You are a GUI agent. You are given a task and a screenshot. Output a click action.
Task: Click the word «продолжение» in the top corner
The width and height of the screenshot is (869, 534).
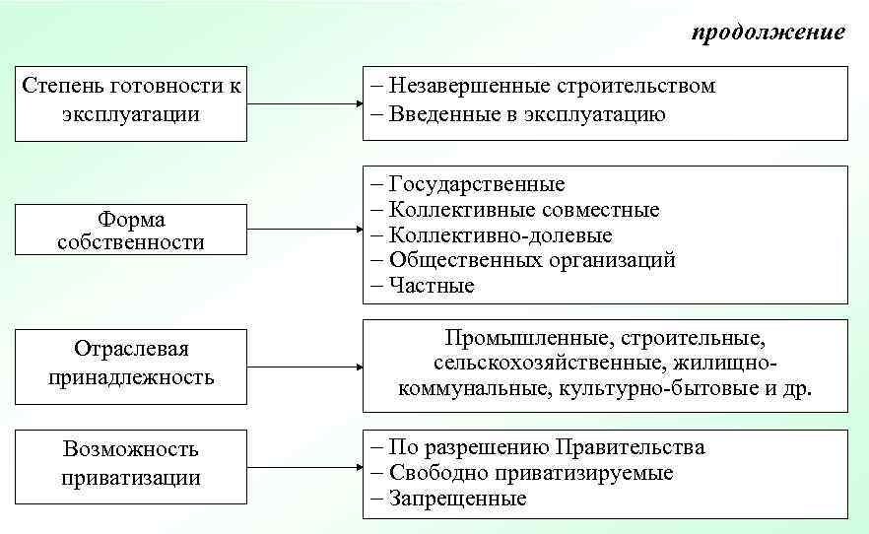tap(768, 33)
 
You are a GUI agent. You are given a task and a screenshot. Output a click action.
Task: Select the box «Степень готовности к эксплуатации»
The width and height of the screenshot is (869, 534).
tap(131, 100)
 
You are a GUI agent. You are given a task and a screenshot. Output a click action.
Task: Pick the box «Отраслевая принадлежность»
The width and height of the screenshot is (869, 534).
tap(131, 364)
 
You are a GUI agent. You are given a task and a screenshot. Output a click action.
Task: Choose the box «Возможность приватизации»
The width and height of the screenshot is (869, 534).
tap(131, 464)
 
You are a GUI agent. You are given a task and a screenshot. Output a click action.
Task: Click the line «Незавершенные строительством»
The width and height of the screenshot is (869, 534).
tap(543, 87)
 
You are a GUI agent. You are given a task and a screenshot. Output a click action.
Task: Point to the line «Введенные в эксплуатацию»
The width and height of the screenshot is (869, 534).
tap(518, 114)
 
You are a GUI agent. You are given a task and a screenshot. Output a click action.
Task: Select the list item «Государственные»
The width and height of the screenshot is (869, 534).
tap(468, 184)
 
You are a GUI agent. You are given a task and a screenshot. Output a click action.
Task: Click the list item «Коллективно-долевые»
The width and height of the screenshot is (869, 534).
tap(492, 235)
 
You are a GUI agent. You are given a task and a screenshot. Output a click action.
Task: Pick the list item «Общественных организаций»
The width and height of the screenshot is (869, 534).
tap(523, 261)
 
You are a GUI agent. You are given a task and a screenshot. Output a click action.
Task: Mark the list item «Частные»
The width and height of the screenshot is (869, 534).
tap(423, 287)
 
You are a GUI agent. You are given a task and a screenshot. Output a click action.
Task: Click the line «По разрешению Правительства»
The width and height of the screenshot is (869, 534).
tap(538, 447)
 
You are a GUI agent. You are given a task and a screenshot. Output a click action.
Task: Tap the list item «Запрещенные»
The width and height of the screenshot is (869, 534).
tap(448, 499)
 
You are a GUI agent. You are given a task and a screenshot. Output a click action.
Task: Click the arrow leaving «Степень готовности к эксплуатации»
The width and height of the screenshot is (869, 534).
tap(304, 102)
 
